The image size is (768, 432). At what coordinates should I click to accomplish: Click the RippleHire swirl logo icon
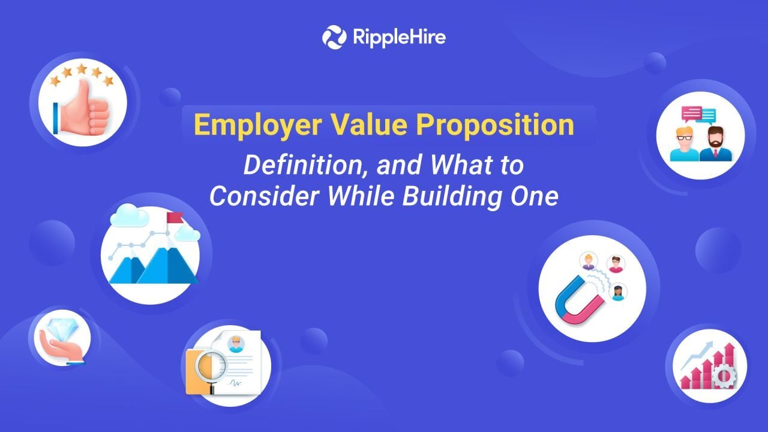coord(334,37)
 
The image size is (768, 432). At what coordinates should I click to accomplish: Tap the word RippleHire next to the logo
coord(400,37)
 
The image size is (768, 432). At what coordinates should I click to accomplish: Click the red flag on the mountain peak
coord(175,218)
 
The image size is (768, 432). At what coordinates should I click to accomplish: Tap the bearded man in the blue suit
coord(715,144)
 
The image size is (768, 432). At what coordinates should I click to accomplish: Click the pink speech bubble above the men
coord(692,114)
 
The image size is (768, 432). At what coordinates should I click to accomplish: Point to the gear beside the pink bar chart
coord(724,376)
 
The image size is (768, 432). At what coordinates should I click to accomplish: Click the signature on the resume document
coord(236,383)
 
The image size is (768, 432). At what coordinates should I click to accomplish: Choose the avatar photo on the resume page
coord(236,344)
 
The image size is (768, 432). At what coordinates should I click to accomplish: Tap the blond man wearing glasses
coord(685,144)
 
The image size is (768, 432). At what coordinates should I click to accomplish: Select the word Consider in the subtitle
coord(264,197)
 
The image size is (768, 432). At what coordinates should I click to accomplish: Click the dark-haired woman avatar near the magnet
coord(618,292)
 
